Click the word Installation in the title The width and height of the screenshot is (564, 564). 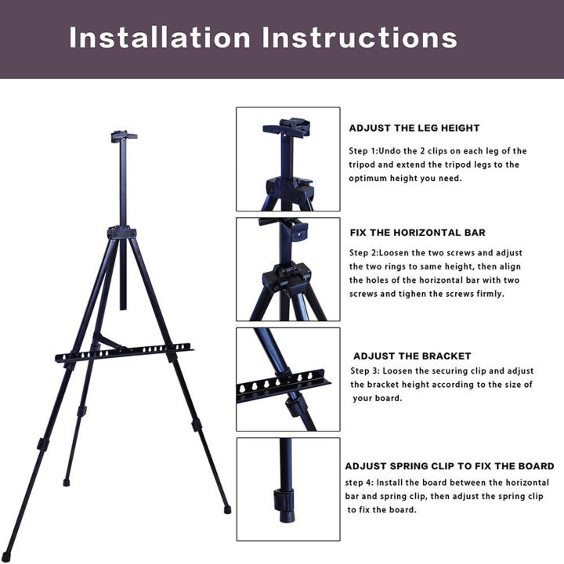tap(159, 38)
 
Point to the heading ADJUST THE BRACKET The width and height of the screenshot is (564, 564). tap(422, 356)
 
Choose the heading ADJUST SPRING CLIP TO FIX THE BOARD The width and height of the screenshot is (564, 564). tap(450, 466)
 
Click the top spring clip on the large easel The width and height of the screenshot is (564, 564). tap(123, 136)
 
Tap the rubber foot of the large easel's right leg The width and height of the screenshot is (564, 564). tap(227, 508)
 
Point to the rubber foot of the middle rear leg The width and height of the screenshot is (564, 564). tap(66, 483)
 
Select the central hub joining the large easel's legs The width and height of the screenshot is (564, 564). tap(121, 232)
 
